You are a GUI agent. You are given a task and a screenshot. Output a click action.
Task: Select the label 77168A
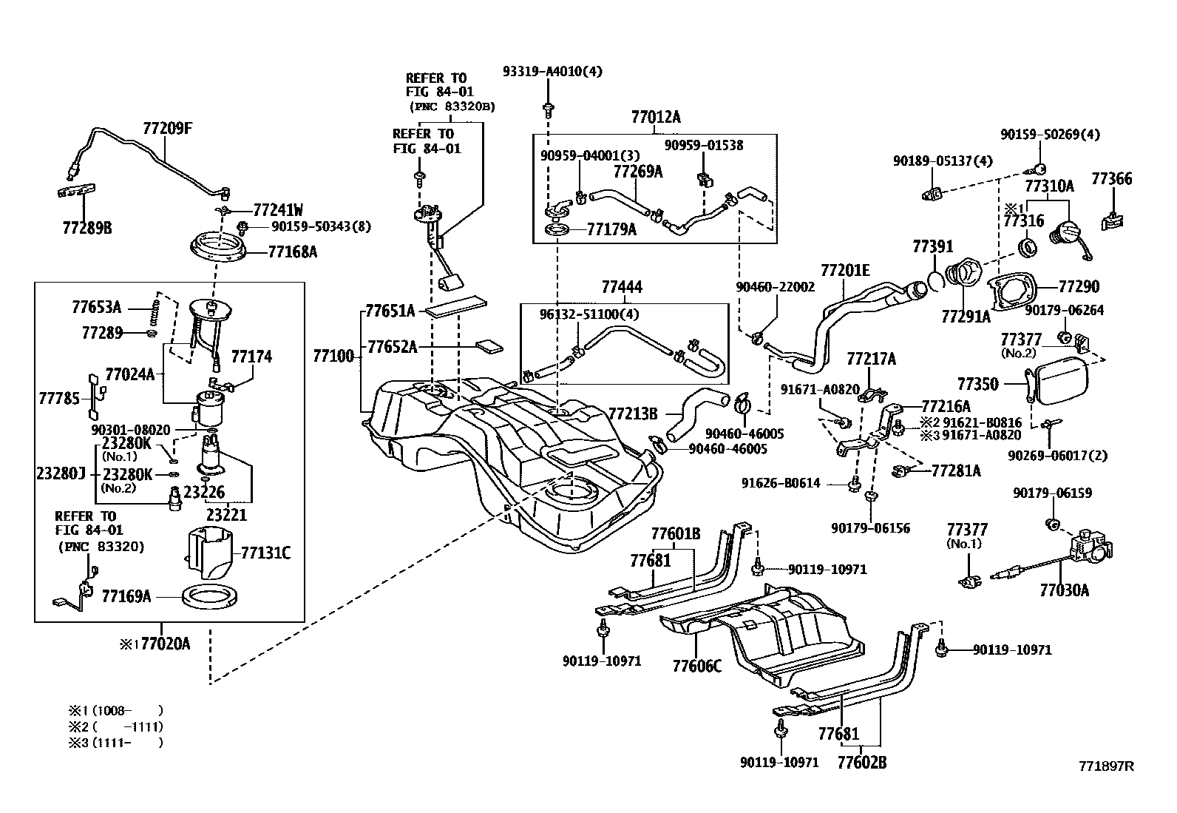[x=292, y=252]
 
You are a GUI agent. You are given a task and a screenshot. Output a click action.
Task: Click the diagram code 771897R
[x=1106, y=766]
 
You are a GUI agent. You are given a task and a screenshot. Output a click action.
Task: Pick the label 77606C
[x=696, y=666]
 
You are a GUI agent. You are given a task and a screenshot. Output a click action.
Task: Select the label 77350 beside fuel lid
[x=977, y=384]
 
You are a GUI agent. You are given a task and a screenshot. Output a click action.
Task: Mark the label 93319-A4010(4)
[x=552, y=72]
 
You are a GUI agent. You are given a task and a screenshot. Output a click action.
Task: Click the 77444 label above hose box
[x=621, y=287]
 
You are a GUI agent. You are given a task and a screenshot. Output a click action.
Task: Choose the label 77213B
[x=633, y=414]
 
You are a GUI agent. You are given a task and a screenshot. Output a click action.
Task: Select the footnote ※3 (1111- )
[x=115, y=742]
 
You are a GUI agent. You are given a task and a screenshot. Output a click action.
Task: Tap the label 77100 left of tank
[x=333, y=357]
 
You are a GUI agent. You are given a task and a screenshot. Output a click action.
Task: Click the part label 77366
[x=1111, y=179]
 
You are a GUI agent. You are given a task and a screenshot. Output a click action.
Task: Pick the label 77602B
[x=862, y=761]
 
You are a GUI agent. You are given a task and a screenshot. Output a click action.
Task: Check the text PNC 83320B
[x=452, y=107]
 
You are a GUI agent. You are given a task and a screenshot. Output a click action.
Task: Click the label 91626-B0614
[x=781, y=483]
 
